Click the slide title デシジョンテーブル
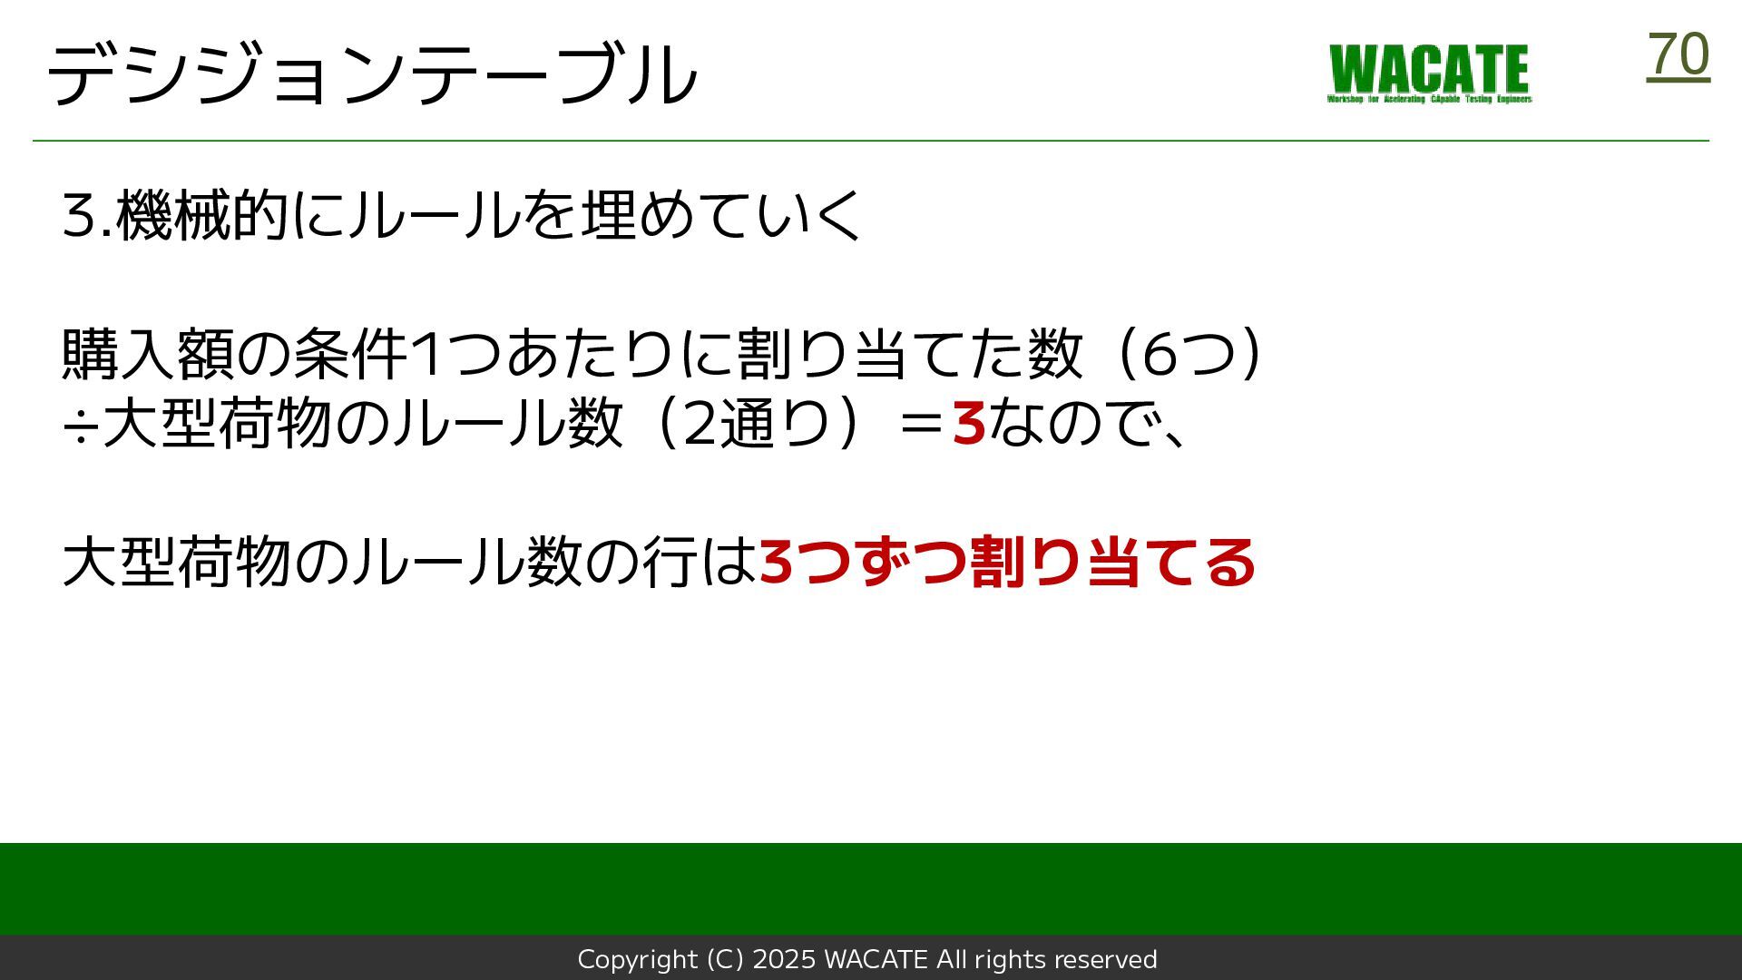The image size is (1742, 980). point(372,73)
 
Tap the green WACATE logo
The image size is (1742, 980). point(1429,73)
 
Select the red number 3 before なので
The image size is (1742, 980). point(969,423)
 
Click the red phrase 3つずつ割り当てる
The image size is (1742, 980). point(1007,562)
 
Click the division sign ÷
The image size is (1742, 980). point(80,425)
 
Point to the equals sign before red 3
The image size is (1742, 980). point(921,424)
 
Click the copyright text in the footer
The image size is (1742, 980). point(867,959)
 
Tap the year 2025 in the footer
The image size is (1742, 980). point(785,959)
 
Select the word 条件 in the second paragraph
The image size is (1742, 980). point(350,353)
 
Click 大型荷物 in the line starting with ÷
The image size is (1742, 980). point(217,423)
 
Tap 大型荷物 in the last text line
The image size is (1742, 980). point(177,562)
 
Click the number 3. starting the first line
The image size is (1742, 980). point(87,216)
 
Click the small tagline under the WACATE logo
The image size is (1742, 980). point(1429,99)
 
